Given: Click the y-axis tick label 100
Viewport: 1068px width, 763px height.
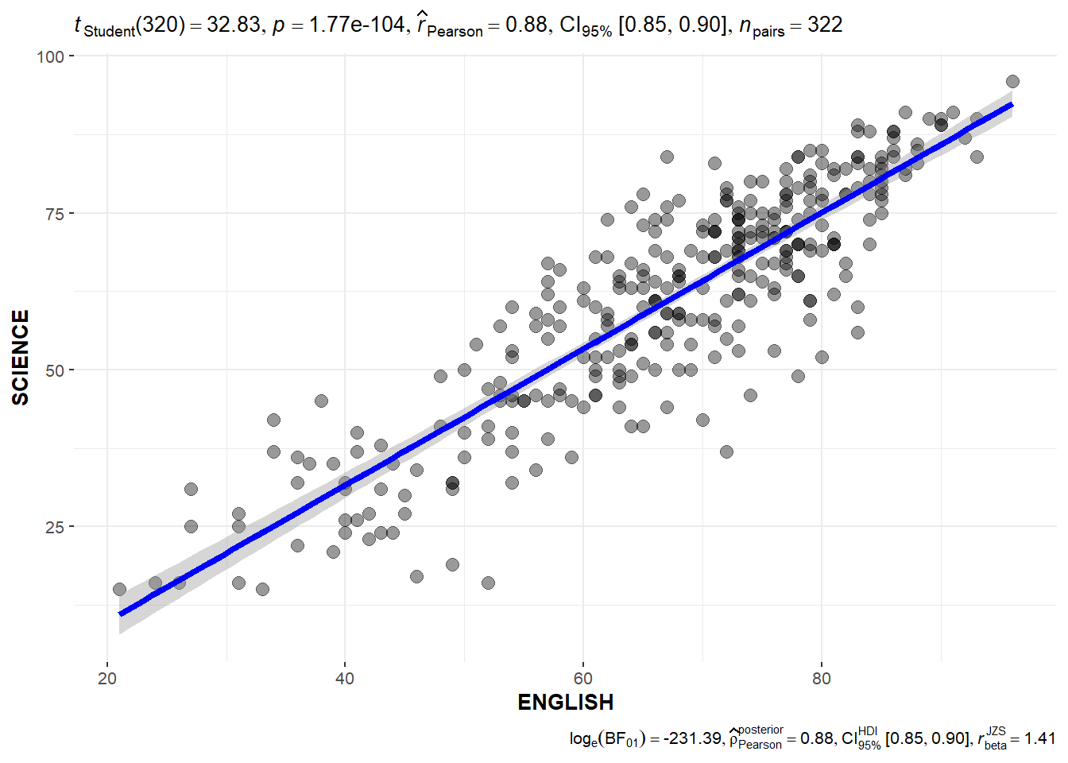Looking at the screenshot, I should tap(49, 56).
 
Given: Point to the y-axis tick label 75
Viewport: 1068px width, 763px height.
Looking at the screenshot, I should tap(55, 213).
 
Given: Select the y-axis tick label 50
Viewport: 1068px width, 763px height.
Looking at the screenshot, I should tap(55, 370).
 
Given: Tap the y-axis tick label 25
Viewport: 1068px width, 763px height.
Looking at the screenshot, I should tap(55, 527).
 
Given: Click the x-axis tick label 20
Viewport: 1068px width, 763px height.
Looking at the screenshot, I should tap(107, 679).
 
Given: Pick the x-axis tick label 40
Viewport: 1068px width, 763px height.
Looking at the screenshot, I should tap(345, 679).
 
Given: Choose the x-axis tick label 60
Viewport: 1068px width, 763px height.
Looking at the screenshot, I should tap(583, 679).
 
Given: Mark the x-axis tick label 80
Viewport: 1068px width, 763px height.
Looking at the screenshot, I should tap(822, 679).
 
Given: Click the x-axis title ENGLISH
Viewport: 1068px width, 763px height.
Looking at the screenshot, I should tap(565, 703).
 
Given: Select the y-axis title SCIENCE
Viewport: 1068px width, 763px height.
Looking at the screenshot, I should tap(21, 358).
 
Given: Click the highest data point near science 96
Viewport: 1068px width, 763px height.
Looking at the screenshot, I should tap(1012, 81).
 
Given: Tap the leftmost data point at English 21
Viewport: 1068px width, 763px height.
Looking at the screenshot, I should tap(119, 589).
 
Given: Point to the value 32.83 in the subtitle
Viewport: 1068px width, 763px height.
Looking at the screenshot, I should tap(233, 25).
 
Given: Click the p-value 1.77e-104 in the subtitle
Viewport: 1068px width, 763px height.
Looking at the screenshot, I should tap(357, 25).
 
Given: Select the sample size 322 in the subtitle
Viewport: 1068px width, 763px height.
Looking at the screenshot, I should tap(825, 25).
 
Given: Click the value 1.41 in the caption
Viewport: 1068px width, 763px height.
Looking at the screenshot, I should tap(1039, 738).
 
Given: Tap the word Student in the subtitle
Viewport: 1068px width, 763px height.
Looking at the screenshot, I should tap(110, 32).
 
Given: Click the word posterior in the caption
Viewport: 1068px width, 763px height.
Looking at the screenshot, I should tap(760, 730).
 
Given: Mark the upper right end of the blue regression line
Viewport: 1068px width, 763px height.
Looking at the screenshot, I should tap(1011, 105).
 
